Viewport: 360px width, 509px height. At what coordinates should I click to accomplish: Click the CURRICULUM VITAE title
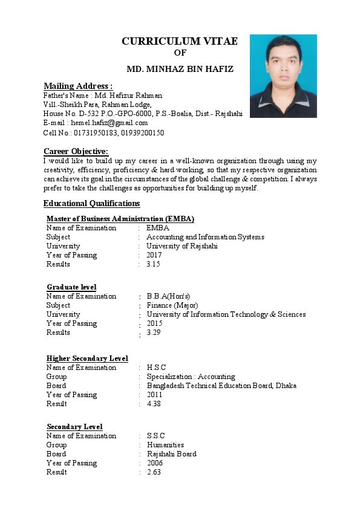point(180,41)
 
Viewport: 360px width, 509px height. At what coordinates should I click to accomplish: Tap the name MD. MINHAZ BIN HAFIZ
point(180,70)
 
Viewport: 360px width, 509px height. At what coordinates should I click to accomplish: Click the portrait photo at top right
point(283,76)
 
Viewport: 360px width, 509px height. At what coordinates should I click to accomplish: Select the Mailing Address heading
point(78,86)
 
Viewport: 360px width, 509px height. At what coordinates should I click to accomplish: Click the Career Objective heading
point(76,151)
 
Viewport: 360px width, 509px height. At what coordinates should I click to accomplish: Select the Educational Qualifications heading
point(91,203)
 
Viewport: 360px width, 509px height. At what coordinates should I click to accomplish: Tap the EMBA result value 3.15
point(153,264)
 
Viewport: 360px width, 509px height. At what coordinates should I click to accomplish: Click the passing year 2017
point(154,255)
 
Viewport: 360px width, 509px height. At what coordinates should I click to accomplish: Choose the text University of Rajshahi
point(182,246)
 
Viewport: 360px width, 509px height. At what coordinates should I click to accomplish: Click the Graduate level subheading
point(71,287)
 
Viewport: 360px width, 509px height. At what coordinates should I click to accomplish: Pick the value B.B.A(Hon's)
point(168,296)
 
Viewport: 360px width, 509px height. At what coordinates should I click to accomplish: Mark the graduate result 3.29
point(154,332)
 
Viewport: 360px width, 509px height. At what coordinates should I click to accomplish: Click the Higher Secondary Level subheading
point(87,358)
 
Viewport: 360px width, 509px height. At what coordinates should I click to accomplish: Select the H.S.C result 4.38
point(154,404)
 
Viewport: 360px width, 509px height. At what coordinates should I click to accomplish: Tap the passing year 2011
point(155,395)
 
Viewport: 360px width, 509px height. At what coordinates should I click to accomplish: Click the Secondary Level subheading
point(74,427)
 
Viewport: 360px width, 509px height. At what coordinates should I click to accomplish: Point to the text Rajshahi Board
point(171,454)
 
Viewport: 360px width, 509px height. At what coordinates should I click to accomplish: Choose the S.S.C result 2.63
point(154,472)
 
